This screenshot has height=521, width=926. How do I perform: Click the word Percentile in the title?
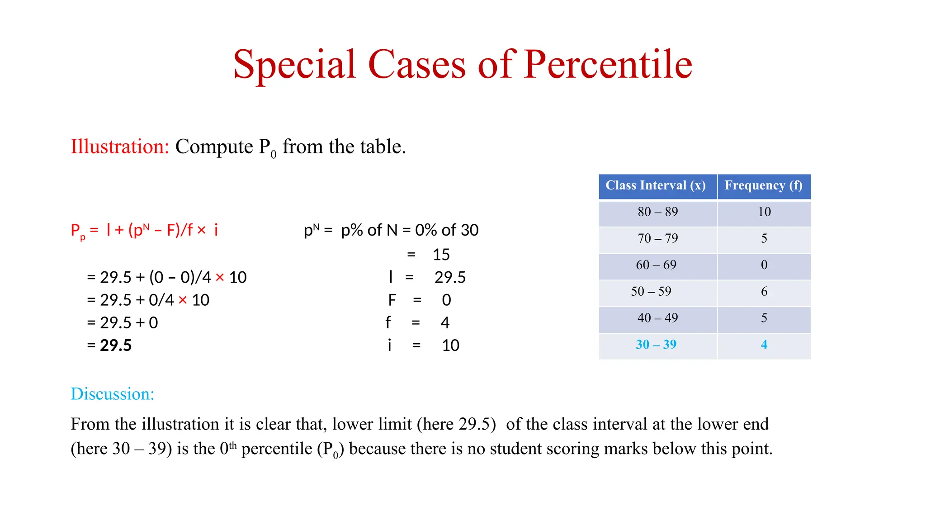[608, 64]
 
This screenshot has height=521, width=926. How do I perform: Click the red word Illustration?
[120, 147]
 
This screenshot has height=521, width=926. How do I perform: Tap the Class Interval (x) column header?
[656, 185]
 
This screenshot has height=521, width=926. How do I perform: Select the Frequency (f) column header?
[764, 185]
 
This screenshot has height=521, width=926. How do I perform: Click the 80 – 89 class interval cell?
[658, 212]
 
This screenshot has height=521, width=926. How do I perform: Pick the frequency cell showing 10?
[764, 212]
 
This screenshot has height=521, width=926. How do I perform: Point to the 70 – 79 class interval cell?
[658, 238]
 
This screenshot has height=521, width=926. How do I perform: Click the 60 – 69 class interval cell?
[656, 265]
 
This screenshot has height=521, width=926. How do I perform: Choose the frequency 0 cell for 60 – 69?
[764, 265]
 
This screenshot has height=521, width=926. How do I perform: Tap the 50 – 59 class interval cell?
[651, 292]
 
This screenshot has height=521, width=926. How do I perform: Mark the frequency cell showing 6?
[764, 292]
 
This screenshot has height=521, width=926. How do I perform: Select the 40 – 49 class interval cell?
[658, 318]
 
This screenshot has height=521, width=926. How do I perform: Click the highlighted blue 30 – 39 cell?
[656, 345]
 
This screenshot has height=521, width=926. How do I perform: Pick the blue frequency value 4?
[764, 345]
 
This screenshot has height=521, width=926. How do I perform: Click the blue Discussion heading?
[113, 394]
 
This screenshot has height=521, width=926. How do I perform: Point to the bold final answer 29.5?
[116, 346]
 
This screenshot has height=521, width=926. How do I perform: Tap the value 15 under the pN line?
[441, 255]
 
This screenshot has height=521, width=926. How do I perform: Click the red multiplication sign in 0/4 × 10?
[183, 300]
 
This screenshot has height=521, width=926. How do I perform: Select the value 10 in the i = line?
[450, 346]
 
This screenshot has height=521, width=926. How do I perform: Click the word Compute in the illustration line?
[214, 147]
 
